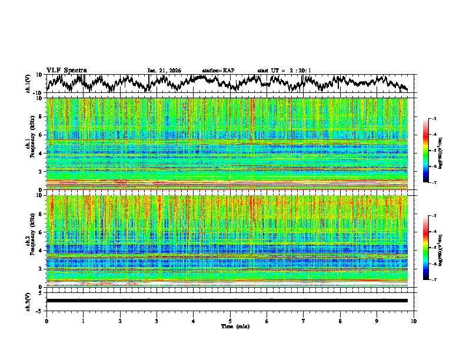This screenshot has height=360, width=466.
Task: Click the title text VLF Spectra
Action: pos(66,70)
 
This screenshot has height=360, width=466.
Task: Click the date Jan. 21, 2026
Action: pos(164,71)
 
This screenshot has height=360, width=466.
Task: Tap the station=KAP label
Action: pos(218,71)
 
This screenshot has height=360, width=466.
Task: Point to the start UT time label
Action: pos(284,71)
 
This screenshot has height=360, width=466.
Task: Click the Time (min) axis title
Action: pos(235,326)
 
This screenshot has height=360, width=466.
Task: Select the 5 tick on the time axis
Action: pos(230,321)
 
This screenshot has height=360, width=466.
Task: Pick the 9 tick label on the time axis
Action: pos(377,321)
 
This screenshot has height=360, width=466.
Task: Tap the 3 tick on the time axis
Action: pos(157,321)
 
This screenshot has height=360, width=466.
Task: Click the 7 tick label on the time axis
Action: pos(303,321)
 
